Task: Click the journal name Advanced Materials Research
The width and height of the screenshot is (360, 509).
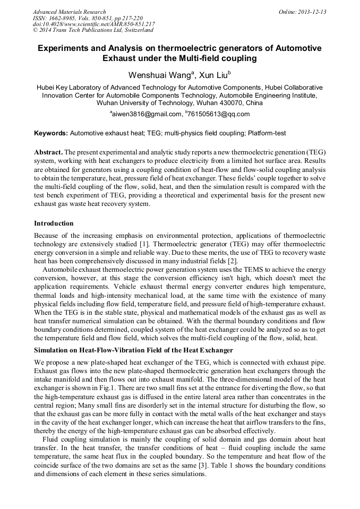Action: pyautogui.click(x=69, y=12)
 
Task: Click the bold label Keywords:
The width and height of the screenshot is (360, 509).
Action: pyautogui.click(x=50, y=132)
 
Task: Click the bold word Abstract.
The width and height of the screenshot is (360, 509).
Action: pyautogui.click(x=48, y=152)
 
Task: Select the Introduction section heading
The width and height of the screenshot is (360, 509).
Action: pyautogui.click(x=54, y=223)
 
